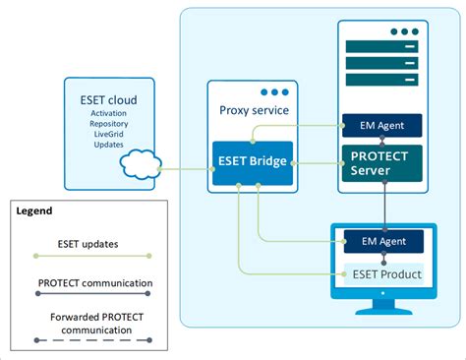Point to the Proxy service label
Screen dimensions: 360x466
pyautogui.click(x=254, y=110)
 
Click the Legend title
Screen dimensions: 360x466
pyautogui.click(x=34, y=210)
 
